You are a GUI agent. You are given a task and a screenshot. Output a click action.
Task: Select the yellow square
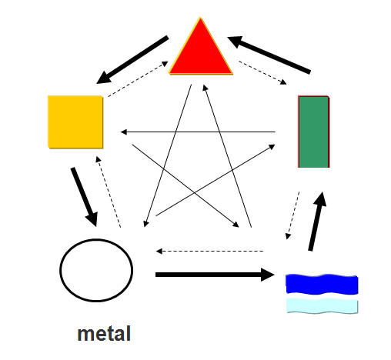[75, 122]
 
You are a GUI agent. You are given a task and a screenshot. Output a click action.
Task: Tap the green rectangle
[314, 132]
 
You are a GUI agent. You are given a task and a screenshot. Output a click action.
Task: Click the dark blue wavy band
[322, 284]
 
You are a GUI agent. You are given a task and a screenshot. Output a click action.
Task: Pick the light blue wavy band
[322, 306]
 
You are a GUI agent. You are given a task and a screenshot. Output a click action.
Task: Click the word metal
[104, 334]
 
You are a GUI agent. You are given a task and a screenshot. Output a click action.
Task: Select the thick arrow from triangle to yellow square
[132, 59]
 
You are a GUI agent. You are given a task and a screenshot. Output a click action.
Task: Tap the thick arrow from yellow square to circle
[85, 197]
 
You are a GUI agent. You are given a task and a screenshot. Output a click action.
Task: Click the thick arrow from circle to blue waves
[215, 275]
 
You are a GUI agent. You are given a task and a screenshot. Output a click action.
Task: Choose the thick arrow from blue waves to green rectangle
[317, 222]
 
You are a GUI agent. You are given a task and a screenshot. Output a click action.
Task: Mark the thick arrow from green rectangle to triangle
[269, 55]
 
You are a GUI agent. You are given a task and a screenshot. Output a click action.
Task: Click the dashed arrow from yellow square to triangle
[138, 79]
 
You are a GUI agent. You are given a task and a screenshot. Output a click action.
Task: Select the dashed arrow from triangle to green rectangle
[262, 72]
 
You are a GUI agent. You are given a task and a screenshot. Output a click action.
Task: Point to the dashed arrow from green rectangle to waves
[292, 215]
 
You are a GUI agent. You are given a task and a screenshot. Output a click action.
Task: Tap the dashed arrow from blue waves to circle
[209, 251]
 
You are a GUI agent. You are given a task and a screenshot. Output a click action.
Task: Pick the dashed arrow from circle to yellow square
[108, 192]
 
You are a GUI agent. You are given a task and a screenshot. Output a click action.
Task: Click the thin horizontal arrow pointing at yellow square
[198, 132]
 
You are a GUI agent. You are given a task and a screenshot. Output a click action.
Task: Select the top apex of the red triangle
[200, 18]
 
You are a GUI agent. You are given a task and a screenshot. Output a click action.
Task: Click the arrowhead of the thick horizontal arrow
[268, 275]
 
